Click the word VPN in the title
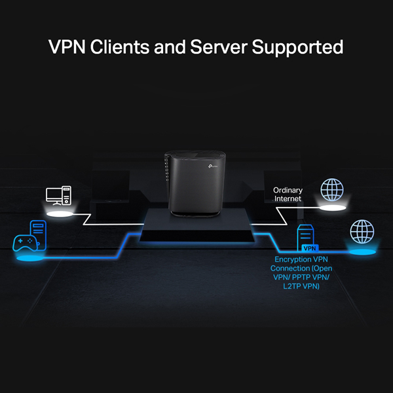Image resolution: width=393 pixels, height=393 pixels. click(x=68, y=48)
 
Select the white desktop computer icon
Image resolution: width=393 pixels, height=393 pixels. click(x=57, y=196)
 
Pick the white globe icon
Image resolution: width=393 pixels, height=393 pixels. click(x=331, y=191)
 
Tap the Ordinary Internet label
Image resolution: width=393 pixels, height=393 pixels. click(x=288, y=194)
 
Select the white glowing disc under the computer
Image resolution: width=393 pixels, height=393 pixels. click(x=59, y=214)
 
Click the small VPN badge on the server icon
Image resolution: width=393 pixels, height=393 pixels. click(x=309, y=248)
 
